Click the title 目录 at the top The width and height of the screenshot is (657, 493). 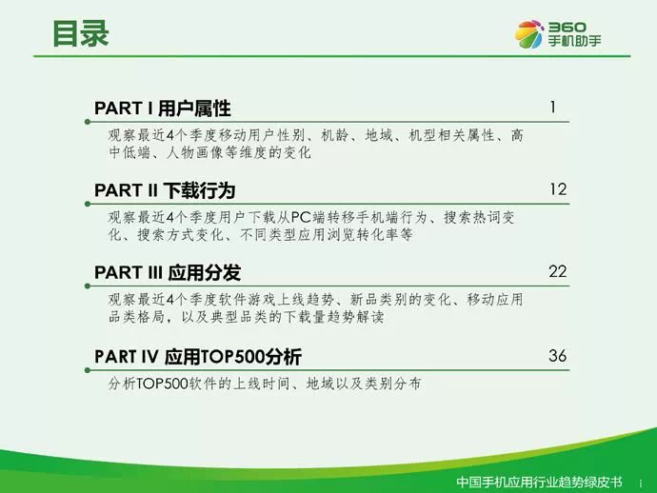pyautogui.click(x=80, y=33)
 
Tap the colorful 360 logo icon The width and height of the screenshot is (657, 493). pyautogui.click(x=529, y=34)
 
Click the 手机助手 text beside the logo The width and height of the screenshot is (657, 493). pyautogui.click(x=574, y=41)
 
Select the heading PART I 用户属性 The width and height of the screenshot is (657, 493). pyautogui.click(x=163, y=108)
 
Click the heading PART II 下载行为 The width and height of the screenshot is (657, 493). pyautogui.click(x=165, y=190)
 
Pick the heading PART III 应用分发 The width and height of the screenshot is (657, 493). pyautogui.click(x=168, y=273)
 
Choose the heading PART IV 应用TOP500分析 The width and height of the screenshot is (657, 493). pyautogui.click(x=198, y=357)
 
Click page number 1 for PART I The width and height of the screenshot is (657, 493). pyautogui.click(x=553, y=108)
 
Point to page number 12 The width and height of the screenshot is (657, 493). pyautogui.click(x=558, y=189)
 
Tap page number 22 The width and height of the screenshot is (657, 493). pyautogui.click(x=558, y=271)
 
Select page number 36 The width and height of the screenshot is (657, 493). pyautogui.click(x=558, y=356)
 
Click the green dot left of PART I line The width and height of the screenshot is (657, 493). pyautogui.click(x=88, y=122)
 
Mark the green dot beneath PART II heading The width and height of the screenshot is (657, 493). pyautogui.click(x=88, y=204)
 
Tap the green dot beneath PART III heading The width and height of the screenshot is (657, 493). pyautogui.click(x=88, y=286)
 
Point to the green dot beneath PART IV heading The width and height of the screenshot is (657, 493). pyautogui.click(x=88, y=370)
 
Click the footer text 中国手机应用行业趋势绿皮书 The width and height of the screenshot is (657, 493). pyautogui.click(x=539, y=483)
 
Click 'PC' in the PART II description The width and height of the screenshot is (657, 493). pyautogui.click(x=302, y=217)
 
